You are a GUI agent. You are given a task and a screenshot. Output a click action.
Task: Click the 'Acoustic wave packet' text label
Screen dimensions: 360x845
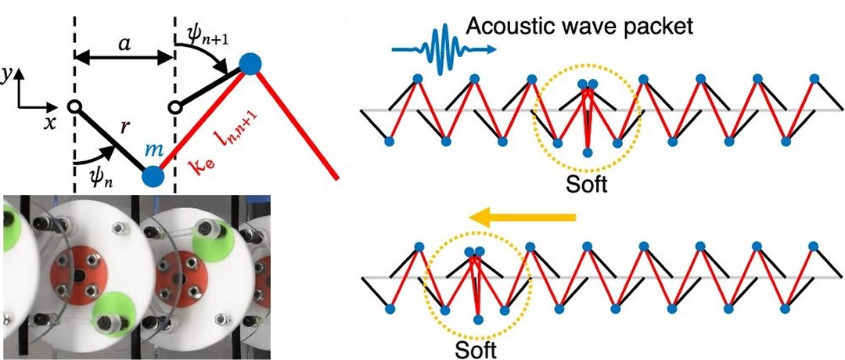(x=580, y=27)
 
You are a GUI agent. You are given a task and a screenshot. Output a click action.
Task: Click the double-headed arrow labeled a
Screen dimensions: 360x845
(x=123, y=57)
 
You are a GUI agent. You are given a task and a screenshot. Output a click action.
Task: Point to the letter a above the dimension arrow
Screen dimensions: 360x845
(x=123, y=42)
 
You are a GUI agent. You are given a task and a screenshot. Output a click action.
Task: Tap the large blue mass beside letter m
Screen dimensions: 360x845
(x=153, y=177)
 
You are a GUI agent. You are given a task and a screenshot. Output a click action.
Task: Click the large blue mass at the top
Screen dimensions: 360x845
(x=250, y=63)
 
